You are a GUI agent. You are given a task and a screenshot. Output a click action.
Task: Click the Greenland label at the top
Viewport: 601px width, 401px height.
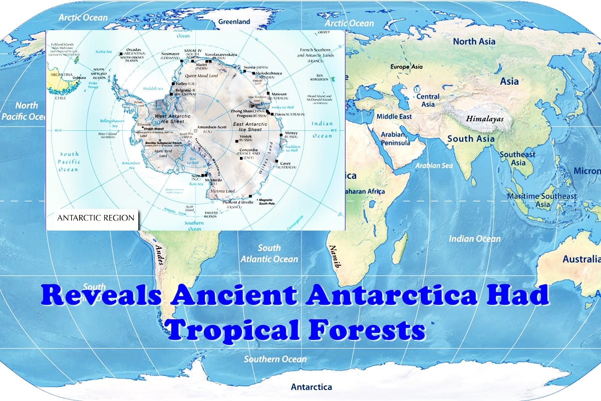pos(234,22)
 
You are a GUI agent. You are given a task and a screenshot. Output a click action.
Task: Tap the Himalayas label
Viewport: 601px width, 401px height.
pos(485,119)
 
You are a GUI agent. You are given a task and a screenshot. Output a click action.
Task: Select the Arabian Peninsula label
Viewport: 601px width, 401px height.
pos(396,138)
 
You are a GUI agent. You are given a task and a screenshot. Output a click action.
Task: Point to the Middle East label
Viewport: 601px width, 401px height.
pos(394,116)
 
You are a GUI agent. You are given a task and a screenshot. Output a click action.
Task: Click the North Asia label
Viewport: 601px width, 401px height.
pos(474,42)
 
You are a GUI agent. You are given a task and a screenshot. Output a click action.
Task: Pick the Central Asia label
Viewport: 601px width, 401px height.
pos(428,100)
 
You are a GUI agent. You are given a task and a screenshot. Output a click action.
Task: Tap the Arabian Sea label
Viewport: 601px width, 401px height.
pos(434,165)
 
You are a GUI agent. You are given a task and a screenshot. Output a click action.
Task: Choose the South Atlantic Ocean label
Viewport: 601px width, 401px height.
pos(269,253)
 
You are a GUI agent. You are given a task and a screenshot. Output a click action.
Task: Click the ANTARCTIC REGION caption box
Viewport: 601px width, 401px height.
pos(96,218)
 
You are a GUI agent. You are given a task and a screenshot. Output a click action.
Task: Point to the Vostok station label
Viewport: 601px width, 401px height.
pos(246,138)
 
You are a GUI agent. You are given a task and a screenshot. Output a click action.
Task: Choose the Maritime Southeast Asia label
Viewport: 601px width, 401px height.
pos(541,200)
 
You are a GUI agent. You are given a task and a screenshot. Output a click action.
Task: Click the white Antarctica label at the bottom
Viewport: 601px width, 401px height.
pos(311,386)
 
